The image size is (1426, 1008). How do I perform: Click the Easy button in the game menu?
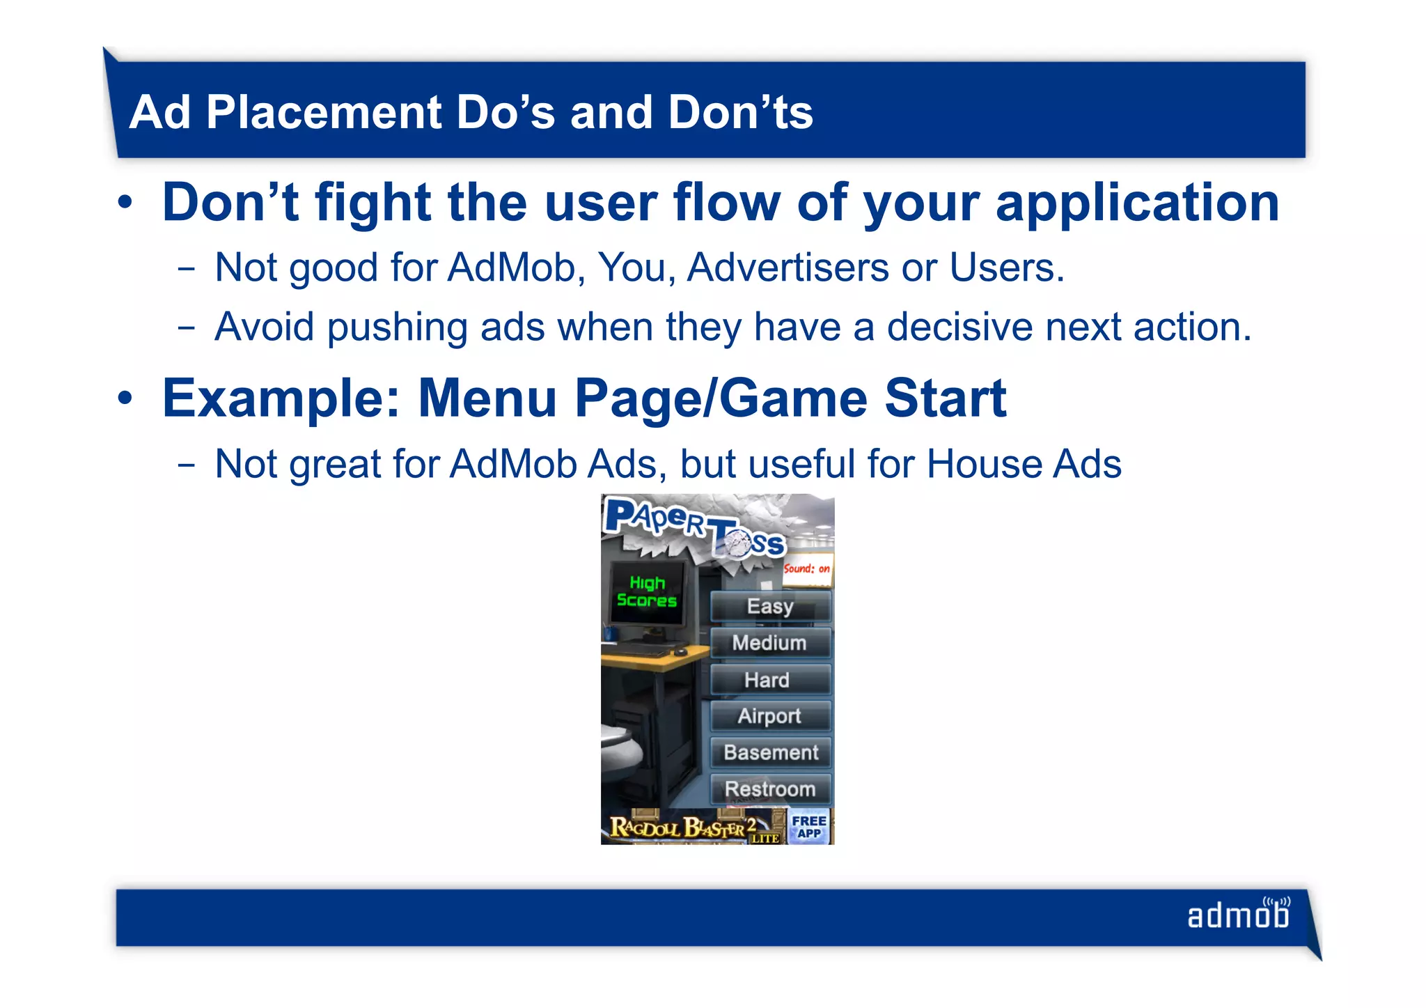770,606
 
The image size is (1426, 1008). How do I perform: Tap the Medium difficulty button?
770,643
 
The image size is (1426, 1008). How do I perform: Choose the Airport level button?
770,716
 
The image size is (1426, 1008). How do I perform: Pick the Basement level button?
771,752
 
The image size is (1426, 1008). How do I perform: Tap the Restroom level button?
770,789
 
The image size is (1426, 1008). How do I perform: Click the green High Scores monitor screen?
647,592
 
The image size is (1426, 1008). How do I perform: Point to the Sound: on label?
807,569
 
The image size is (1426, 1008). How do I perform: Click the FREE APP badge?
809,827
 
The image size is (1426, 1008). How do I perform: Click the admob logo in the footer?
1239,915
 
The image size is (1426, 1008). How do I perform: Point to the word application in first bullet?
1138,203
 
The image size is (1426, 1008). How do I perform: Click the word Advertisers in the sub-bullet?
788,267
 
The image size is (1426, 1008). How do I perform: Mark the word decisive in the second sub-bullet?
959,327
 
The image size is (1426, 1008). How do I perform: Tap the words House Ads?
1024,464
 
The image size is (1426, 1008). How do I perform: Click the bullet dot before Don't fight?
125,203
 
